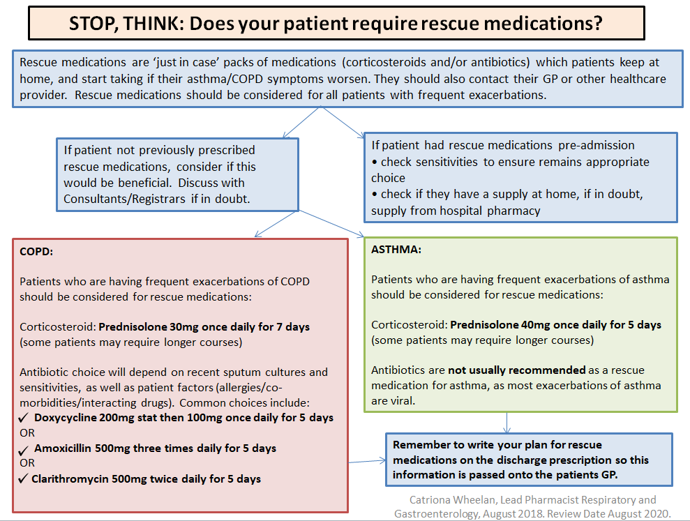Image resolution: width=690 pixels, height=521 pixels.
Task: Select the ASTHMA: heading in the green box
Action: click(x=396, y=249)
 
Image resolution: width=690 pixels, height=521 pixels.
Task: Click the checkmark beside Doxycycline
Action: click(x=24, y=418)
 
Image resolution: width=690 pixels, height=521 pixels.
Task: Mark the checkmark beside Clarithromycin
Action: click(x=24, y=478)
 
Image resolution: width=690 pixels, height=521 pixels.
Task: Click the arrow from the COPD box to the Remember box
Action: click(x=367, y=460)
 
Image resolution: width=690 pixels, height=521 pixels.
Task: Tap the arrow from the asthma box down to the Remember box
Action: click(x=507, y=422)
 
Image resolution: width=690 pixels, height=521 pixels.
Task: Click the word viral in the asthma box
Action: click(x=405, y=402)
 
